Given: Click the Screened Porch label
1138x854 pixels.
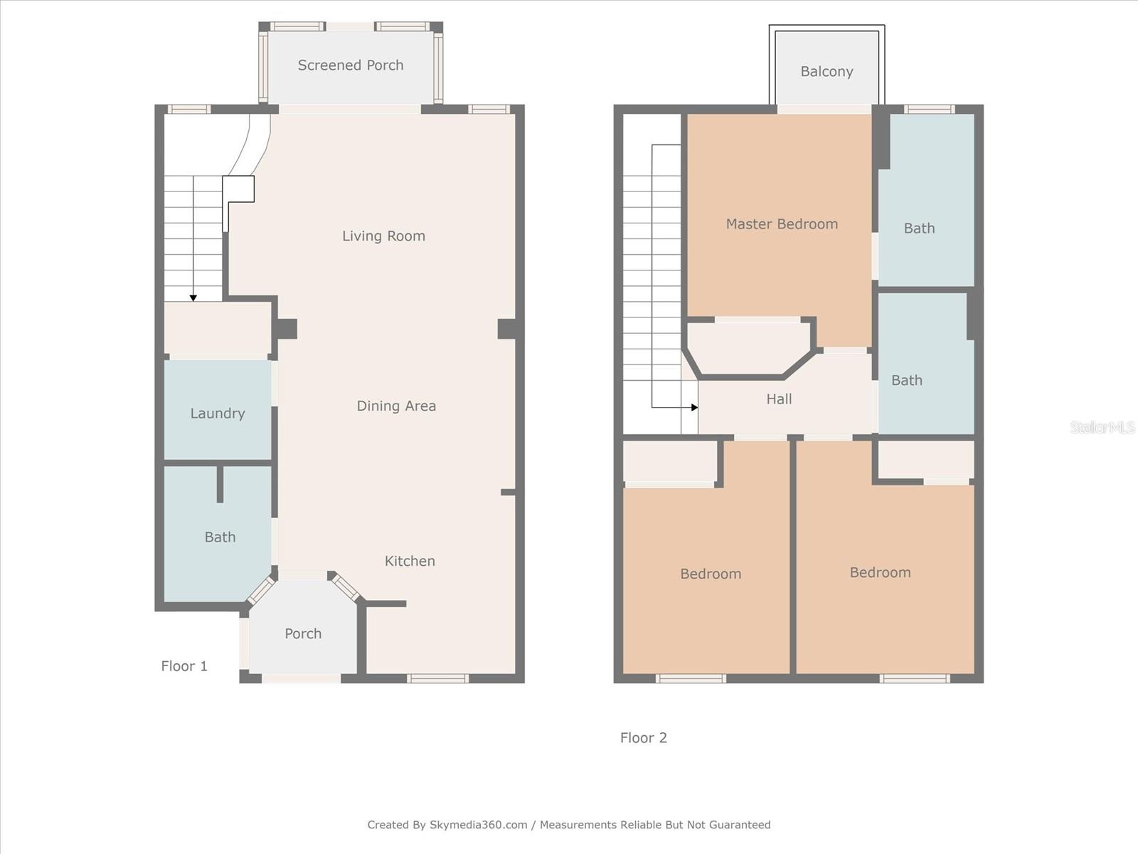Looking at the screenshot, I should [350, 65].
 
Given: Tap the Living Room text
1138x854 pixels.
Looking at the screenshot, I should [383, 236].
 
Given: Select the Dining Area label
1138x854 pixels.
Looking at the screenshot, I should [396, 406].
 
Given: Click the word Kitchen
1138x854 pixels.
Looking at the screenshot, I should [410, 562].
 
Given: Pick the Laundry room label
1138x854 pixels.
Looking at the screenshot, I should [218, 413].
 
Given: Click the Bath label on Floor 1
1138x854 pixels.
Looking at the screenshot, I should [220, 537].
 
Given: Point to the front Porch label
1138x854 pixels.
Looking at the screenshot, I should [303, 634].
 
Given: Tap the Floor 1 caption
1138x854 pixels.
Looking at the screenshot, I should [184, 667].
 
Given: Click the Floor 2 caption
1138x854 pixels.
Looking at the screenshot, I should [644, 738].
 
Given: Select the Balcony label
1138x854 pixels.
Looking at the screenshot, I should [826, 72].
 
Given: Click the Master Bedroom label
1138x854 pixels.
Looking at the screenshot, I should [782, 224].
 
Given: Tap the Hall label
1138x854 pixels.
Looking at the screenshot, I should [779, 399].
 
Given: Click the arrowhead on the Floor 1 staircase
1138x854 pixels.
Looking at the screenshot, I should [193, 298].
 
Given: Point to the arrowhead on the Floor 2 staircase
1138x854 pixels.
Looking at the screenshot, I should [694, 408].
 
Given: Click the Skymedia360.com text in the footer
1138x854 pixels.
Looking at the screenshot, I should [478, 825].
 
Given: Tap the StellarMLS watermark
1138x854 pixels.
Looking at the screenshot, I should [1102, 427].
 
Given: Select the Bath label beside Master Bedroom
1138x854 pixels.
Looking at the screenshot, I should [919, 228].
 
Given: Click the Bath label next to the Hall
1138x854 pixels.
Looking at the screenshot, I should [907, 381].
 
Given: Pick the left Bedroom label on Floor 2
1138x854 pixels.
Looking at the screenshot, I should [711, 574].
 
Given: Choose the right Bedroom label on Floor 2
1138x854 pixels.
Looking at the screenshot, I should [880, 573].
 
